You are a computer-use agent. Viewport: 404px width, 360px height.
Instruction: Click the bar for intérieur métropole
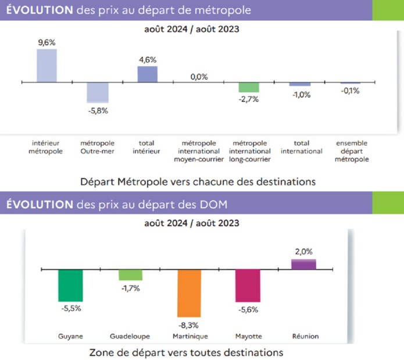click(47, 65)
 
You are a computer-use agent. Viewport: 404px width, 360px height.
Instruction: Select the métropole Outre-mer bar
click(97, 92)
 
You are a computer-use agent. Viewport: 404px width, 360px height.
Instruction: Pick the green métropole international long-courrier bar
click(249, 87)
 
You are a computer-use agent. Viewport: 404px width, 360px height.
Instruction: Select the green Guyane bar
click(70, 285)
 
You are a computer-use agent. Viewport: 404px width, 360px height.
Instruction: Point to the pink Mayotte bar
click(247, 286)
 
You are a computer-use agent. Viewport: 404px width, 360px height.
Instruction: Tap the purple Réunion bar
click(303, 264)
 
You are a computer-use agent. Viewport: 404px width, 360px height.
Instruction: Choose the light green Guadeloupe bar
click(130, 275)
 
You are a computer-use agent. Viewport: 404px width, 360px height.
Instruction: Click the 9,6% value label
click(47, 42)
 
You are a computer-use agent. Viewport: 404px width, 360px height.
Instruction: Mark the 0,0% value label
click(198, 76)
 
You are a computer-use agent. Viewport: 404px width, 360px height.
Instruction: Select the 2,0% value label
click(303, 252)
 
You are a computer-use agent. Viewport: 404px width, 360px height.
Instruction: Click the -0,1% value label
click(350, 91)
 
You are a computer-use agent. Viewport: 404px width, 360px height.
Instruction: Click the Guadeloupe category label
click(130, 336)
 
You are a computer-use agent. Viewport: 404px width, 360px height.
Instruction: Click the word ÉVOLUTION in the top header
click(38, 9)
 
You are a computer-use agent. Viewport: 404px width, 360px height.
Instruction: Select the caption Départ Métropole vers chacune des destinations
click(198, 181)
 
